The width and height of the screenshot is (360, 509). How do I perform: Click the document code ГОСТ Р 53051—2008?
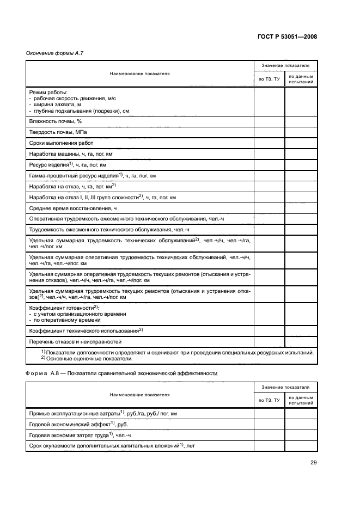click(x=286, y=36)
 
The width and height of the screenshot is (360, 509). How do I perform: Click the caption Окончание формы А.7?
click(x=54, y=53)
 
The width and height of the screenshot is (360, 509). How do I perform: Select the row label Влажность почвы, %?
click(x=55, y=121)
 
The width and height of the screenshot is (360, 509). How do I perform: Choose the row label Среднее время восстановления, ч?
click(x=73, y=208)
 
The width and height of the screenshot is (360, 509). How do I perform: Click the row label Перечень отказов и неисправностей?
click(x=75, y=341)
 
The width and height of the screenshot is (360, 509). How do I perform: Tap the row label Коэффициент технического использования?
click(x=86, y=330)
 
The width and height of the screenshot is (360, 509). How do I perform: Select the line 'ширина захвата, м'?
click(x=57, y=105)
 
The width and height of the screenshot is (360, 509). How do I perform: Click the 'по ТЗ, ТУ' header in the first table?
click(x=269, y=79)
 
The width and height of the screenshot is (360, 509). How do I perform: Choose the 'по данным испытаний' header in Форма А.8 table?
click(x=301, y=400)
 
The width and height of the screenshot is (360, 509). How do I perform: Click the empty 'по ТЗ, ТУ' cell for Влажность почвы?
click(x=269, y=121)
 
